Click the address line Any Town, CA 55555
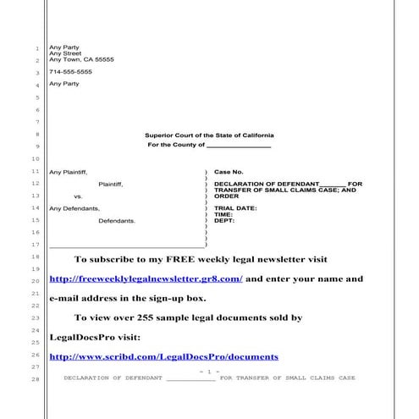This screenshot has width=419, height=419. pyautogui.click(x=81, y=59)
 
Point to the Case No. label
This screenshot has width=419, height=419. pyautogui.click(x=229, y=172)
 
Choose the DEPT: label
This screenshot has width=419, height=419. pyautogui.click(x=224, y=220)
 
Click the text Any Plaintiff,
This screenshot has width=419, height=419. pyautogui.click(x=69, y=172)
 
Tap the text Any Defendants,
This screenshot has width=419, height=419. pyautogui.click(x=74, y=208)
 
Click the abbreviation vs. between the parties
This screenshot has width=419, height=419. pyautogui.click(x=78, y=196)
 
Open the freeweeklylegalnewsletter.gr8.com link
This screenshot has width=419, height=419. pyautogui.click(x=146, y=278)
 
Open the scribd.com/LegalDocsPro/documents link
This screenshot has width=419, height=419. pyautogui.click(x=142, y=358)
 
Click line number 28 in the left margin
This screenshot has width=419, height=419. pyautogui.click(x=35, y=378)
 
